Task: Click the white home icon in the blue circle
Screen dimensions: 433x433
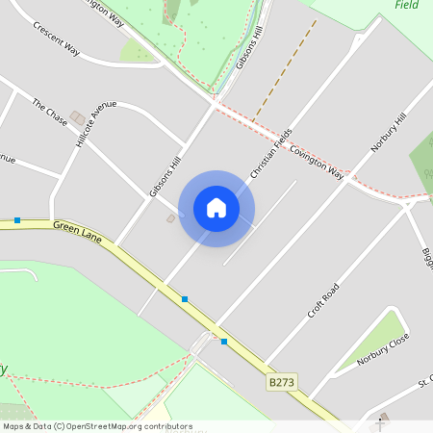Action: pyautogui.click(x=216, y=208)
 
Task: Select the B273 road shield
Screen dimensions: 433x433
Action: pyautogui.click(x=280, y=382)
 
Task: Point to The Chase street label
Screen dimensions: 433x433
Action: pyautogui.click(x=50, y=112)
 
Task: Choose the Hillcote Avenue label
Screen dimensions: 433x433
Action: pyautogui.click(x=96, y=123)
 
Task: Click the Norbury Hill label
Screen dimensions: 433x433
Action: pyautogui.click(x=389, y=132)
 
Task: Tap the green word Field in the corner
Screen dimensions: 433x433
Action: pyautogui.click(x=407, y=5)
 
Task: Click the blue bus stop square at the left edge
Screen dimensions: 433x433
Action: pyautogui.click(x=17, y=220)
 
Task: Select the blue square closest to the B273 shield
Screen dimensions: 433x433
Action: pyautogui.click(x=223, y=341)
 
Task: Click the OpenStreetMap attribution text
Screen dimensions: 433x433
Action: pyautogui.click(x=97, y=426)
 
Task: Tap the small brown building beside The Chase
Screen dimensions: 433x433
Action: pyautogui.click(x=77, y=117)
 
